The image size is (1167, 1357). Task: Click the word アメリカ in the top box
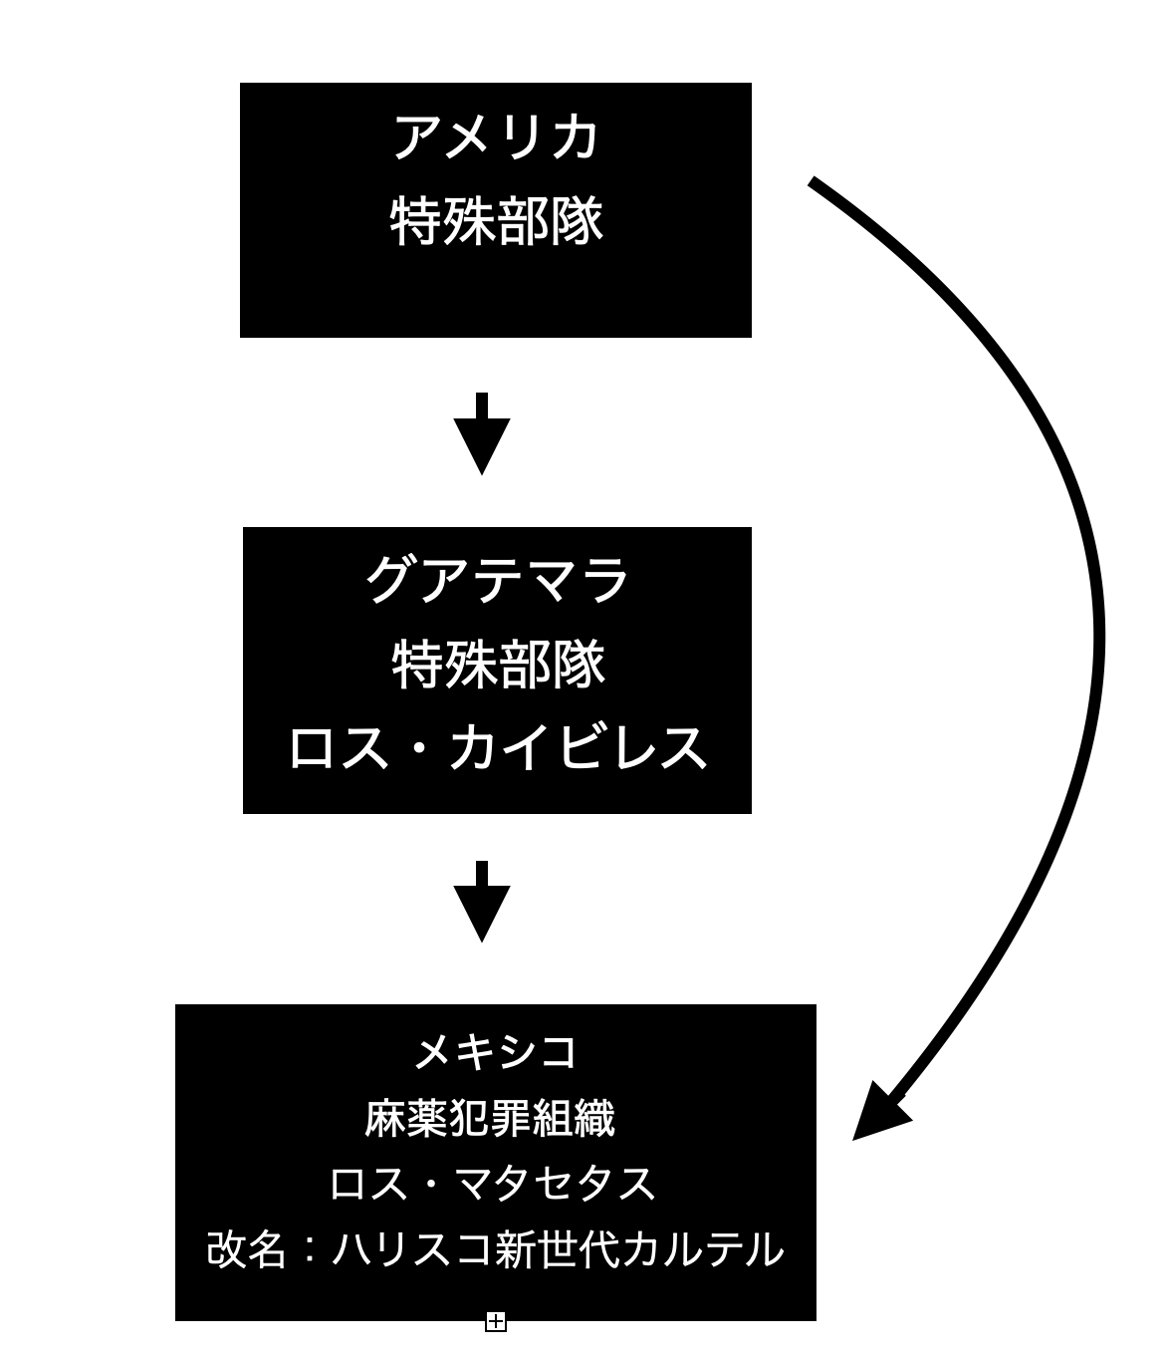(x=496, y=136)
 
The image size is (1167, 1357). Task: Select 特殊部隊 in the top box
(x=496, y=221)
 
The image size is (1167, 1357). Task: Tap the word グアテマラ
(x=497, y=579)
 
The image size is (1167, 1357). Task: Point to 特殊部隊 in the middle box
(x=498, y=664)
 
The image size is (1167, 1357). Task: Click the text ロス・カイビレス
(x=497, y=747)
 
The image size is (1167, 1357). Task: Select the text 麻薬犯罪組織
(x=489, y=1118)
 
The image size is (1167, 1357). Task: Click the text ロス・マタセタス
(x=493, y=1184)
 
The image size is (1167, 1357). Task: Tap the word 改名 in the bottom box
(x=246, y=1249)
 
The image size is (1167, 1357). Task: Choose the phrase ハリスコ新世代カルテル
(x=558, y=1249)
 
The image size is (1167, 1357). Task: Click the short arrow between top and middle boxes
(x=482, y=434)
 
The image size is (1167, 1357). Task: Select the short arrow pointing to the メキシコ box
(x=482, y=902)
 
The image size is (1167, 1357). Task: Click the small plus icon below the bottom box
(x=496, y=1322)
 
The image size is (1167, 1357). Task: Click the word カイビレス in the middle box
(x=577, y=747)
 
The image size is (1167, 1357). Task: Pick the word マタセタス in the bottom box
(x=556, y=1184)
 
